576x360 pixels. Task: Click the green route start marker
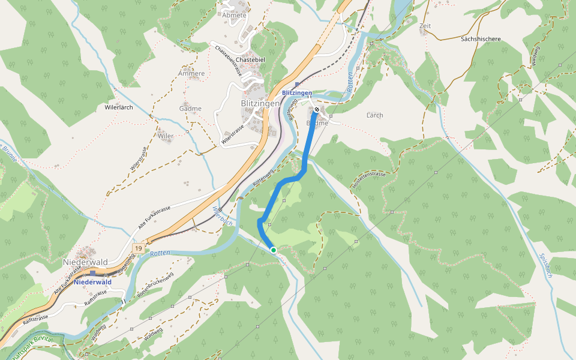click(273, 250)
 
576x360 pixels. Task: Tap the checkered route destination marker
click(316, 110)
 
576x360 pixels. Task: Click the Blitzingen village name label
click(260, 103)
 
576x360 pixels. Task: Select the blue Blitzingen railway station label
click(297, 93)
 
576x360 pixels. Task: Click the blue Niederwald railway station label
click(94, 281)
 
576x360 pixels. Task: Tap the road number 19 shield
click(139, 248)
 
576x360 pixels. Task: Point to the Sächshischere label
click(480, 39)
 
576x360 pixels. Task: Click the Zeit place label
click(425, 26)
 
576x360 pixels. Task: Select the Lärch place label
click(374, 115)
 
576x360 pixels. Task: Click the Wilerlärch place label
click(118, 107)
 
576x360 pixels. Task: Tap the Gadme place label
click(190, 109)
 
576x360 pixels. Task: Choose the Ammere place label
click(191, 74)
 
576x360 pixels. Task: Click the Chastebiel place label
click(250, 60)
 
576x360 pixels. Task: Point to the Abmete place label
click(234, 15)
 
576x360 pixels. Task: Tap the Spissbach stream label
click(545, 264)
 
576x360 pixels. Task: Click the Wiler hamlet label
click(166, 136)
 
